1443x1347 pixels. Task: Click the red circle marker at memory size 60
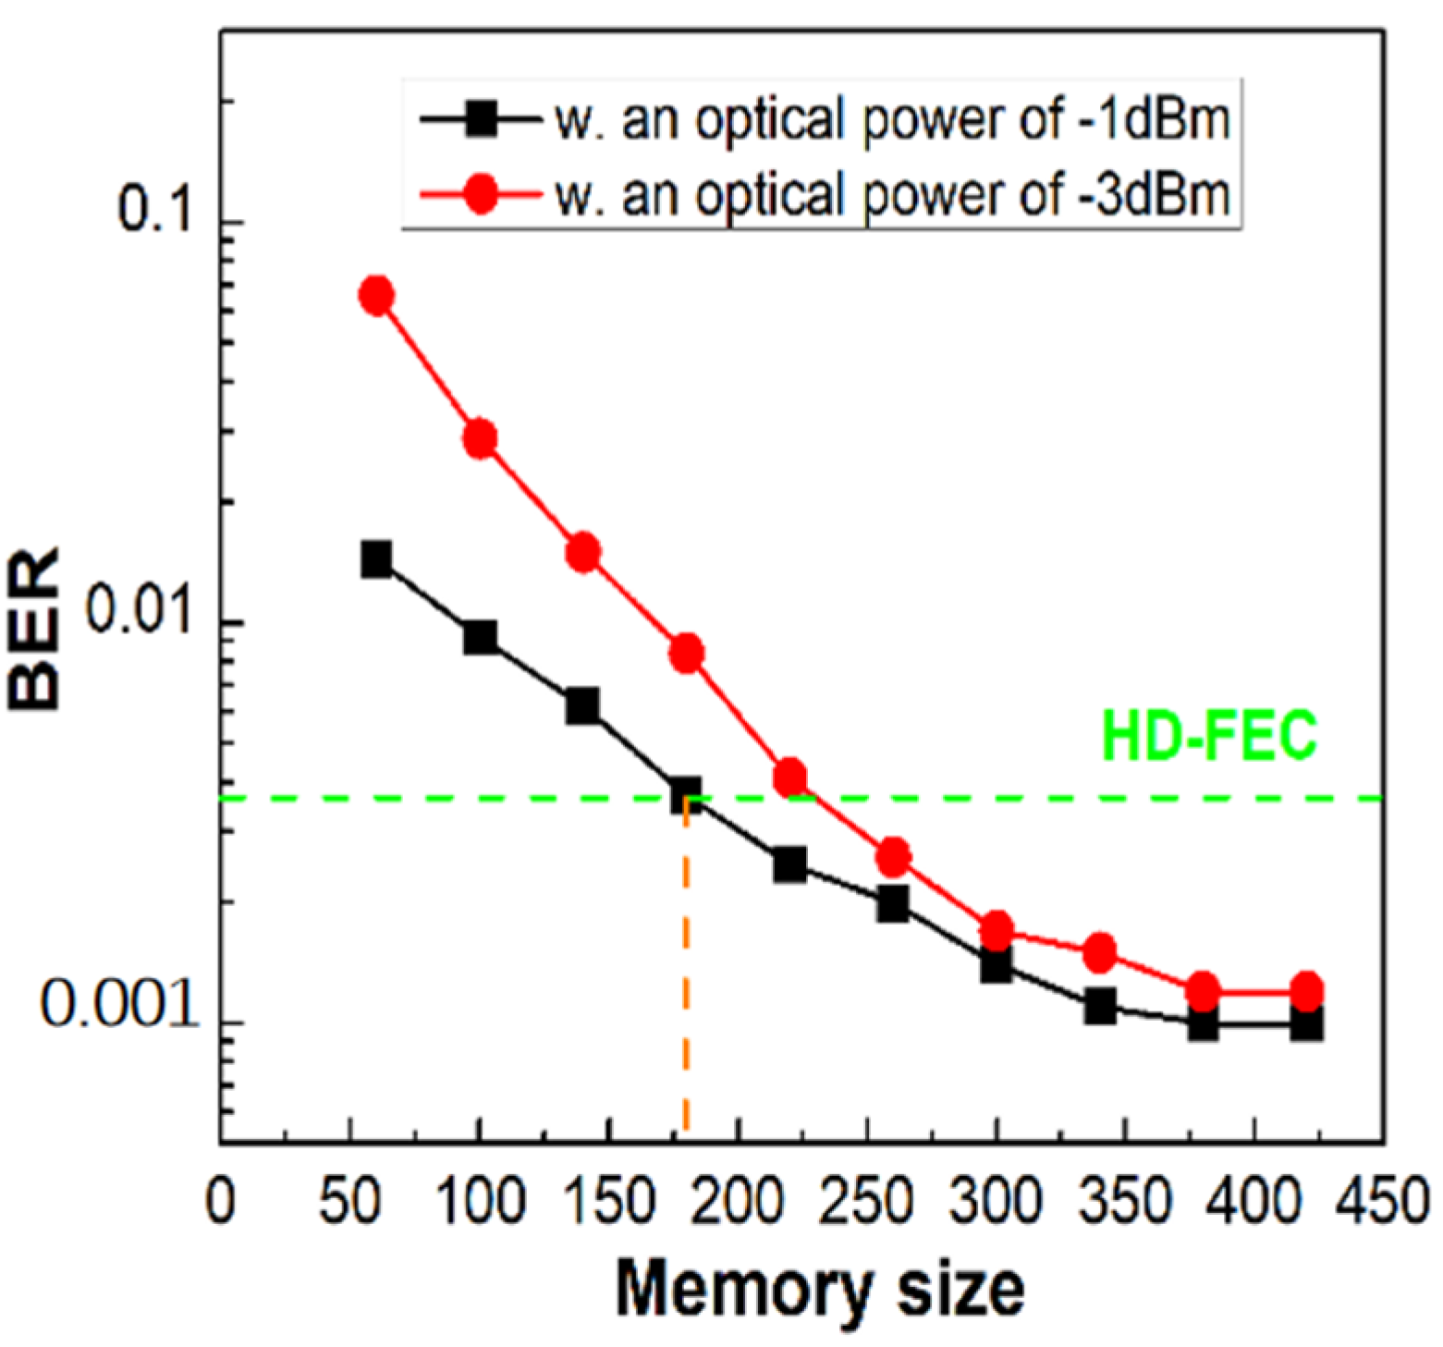coord(376,296)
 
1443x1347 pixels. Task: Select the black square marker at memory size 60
coord(376,559)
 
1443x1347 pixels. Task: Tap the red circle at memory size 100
coord(480,438)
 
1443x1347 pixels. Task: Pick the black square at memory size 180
coord(685,795)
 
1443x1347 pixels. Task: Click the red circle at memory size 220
coord(789,778)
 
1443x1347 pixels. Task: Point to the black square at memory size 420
coord(1306,1023)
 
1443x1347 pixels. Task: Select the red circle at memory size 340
coord(1099,952)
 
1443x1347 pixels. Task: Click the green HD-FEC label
coord(1209,737)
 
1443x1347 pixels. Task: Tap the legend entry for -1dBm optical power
coord(892,120)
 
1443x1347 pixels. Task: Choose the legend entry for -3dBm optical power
coord(892,195)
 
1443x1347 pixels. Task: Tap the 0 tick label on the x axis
coord(220,1202)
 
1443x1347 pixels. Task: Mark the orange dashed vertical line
coord(685,971)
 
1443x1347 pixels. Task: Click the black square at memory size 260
coord(893,903)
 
